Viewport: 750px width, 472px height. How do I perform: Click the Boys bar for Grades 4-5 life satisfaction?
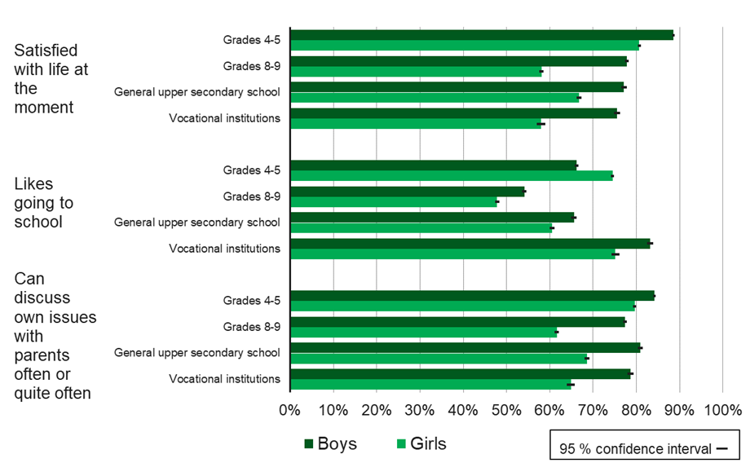(x=481, y=35)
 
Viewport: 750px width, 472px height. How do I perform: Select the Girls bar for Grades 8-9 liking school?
(x=393, y=202)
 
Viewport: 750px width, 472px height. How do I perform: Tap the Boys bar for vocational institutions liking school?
(x=470, y=243)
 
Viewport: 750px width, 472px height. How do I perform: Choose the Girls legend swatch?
(x=401, y=444)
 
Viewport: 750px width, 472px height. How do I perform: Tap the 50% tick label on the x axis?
(x=506, y=410)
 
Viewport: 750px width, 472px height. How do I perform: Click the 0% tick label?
(x=290, y=410)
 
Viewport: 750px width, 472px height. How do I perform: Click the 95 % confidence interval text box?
(x=644, y=448)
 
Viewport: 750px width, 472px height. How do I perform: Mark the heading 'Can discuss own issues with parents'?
(x=55, y=336)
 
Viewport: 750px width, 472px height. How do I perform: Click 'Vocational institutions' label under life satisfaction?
(x=224, y=118)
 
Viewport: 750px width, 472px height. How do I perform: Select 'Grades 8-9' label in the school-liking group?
(x=252, y=196)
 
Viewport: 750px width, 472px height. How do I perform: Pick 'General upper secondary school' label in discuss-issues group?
(x=197, y=353)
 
